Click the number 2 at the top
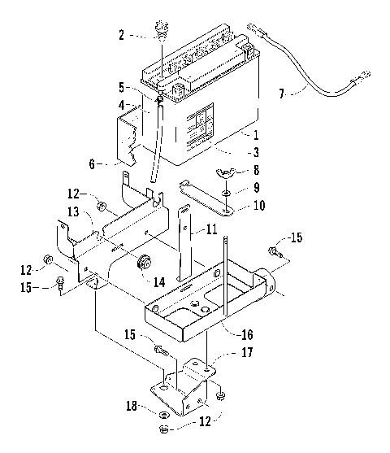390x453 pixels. (123, 35)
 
